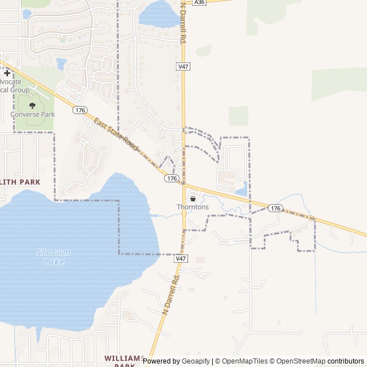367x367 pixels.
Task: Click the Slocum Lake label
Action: [x=53, y=257]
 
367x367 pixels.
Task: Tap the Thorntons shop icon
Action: [x=192, y=198]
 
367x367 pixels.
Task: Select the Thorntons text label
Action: [x=193, y=207]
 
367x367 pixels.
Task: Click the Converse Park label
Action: [x=33, y=114]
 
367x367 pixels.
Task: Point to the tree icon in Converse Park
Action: [x=32, y=106]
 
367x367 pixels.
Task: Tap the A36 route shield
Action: [x=199, y=2]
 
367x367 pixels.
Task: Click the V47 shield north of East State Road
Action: [x=183, y=67]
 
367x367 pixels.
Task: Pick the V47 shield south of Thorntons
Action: [x=181, y=259]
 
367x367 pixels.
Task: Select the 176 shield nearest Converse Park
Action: [x=80, y=110]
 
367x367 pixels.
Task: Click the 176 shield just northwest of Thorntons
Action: [x=171, y=178]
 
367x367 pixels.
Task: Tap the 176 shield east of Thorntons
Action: [x=275, y=208]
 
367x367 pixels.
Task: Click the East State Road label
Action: [x=116, y=135]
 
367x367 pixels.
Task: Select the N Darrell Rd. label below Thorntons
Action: [x=171, y=292]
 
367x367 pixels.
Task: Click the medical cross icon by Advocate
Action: [x=7, y=73]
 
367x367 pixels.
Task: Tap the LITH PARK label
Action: [x=21, y=182]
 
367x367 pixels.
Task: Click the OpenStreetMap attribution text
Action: [x=298, y=361]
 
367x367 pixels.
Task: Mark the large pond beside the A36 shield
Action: [x=158, y=14]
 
